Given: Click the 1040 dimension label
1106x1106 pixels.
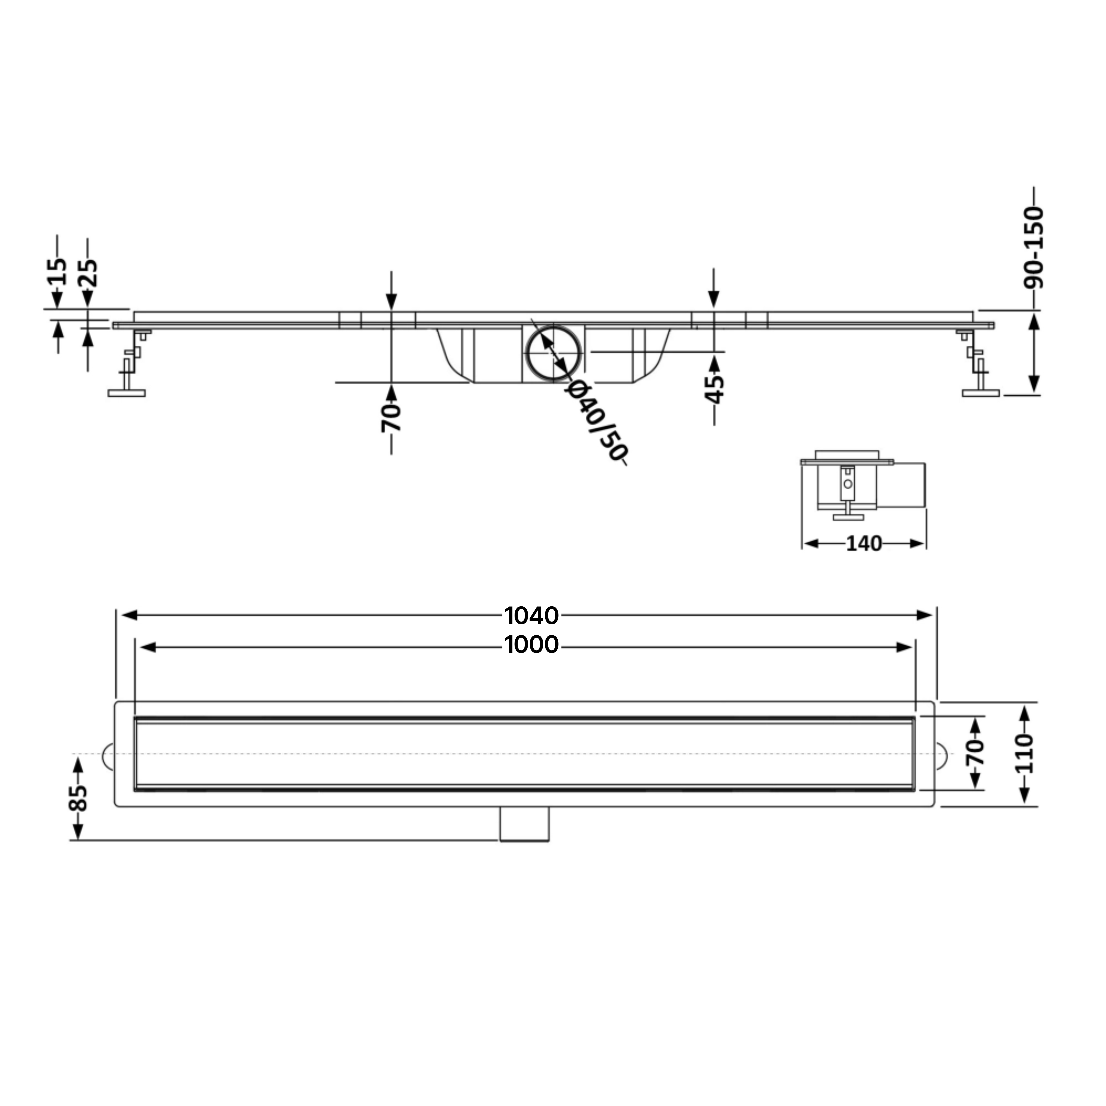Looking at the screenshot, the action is click(531, 615).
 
